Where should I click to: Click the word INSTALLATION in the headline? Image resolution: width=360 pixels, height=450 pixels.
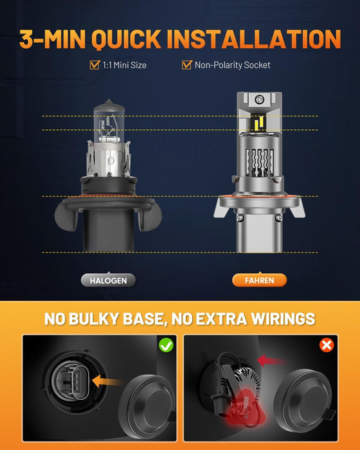(253, 39)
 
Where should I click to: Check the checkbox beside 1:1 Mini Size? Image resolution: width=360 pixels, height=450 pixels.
(94, 65)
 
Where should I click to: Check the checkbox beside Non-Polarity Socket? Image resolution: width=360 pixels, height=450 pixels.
(187, 65)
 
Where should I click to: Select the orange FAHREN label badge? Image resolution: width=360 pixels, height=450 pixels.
(259, 280)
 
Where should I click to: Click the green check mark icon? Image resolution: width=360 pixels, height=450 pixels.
(166, 345)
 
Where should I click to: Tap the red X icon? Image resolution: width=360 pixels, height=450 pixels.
(327, 345)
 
